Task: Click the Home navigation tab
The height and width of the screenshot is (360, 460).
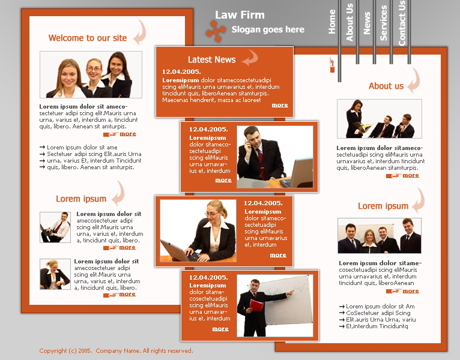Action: (332, 22)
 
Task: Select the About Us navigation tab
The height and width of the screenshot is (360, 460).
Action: (350, 22)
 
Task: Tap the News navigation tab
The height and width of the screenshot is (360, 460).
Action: (367, 23)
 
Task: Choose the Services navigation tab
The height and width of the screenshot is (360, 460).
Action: (383, 23)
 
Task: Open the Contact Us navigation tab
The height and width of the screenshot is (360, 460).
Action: (402, 23)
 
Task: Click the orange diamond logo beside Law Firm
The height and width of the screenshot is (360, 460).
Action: (216, 31)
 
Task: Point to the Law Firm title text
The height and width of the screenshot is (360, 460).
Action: (240, 14)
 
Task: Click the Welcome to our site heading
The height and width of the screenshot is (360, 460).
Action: (88, 38)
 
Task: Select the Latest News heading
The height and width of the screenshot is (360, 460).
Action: (211, 59)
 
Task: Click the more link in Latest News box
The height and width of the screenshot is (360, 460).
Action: (280, 105)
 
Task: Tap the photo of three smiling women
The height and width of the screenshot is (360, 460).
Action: (91, 74)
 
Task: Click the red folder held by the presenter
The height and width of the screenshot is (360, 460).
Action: (256, 305)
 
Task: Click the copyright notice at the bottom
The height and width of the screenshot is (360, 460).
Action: (116, 350)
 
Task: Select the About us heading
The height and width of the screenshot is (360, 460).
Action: (386, 86)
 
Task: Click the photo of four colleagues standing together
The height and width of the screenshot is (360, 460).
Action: (380, 235)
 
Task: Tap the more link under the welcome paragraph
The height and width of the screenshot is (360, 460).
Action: (128, 134)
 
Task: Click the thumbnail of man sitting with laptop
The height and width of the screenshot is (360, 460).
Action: (55, 227)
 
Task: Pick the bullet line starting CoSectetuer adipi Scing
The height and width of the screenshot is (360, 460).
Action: (375, 313)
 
